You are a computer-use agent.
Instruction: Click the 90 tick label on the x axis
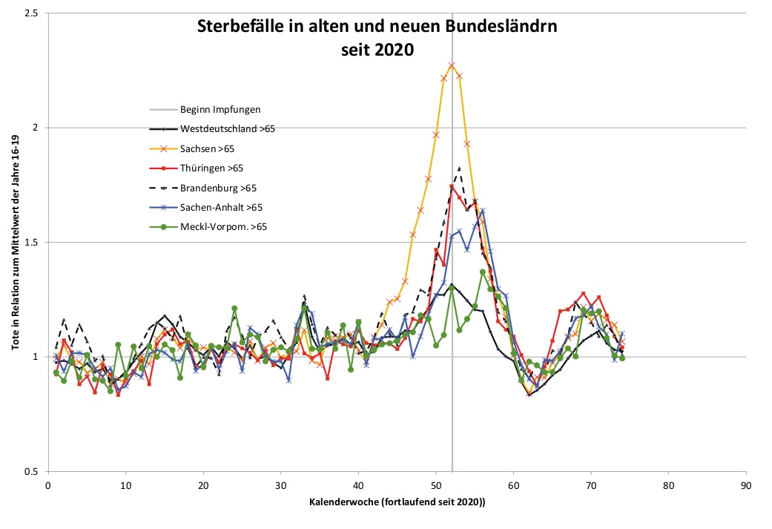tap(746, 485)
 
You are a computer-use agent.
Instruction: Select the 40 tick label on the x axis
tap(358, 485)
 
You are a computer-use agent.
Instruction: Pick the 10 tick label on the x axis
tap(125, 485)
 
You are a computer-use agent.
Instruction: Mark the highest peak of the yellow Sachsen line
tap(452, 65)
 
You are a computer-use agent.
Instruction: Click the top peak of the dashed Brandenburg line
tap(460, 168)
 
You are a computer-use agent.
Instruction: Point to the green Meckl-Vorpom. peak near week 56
tap(483, 272)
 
